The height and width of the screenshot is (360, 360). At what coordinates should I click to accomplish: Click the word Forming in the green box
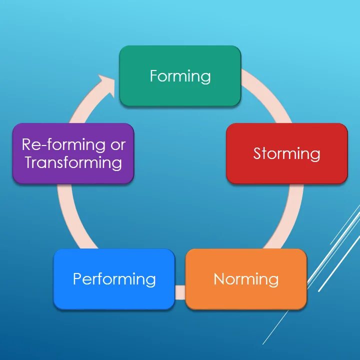click(x=180, y=76)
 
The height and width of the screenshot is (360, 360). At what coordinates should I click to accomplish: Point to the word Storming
click(x=286, y=153)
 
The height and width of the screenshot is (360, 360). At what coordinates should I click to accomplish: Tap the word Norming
click(x=246, y=279)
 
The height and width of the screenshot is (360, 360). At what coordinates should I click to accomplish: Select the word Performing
click(x=114, y=279)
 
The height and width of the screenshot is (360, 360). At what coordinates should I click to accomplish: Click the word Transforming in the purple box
click(x=73, y=162)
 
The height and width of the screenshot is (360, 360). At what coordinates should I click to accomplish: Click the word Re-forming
click(x=58, y=145)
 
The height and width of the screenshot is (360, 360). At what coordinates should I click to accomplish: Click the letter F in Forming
click(x=154, y=76)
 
